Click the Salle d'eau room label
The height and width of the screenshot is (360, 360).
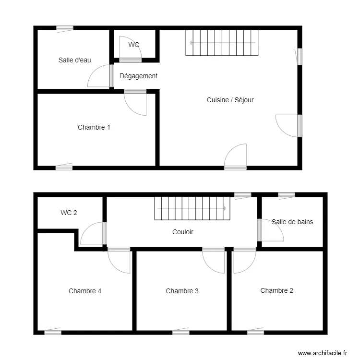tap(74, 60)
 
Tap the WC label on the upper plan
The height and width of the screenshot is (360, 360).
tap(133, 45)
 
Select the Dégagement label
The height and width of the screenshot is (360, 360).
tap(138, 76)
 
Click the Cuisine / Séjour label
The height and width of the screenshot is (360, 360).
tap(230, 100)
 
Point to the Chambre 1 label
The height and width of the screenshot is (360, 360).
tap(94, 127)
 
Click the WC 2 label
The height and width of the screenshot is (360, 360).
tap(69, 213)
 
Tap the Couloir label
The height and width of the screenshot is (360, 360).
tap(182, 232)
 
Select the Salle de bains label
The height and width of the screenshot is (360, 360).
tap(292, 222)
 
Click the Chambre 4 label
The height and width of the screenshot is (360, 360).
tap(84, 291)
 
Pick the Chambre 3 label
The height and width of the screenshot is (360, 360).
tap(182, 291)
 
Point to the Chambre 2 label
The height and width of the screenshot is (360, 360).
tap(276, 290)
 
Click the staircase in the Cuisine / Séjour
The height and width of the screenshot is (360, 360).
tap(222, 43)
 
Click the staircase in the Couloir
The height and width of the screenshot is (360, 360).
tap(190, 208)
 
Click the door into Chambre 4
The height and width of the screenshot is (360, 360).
tap(119, 261)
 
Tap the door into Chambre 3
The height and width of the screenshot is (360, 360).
tap(214, 261)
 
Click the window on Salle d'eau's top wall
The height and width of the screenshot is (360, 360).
tap(64, 28)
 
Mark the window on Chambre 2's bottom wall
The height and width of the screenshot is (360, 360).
tap(255, 332)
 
